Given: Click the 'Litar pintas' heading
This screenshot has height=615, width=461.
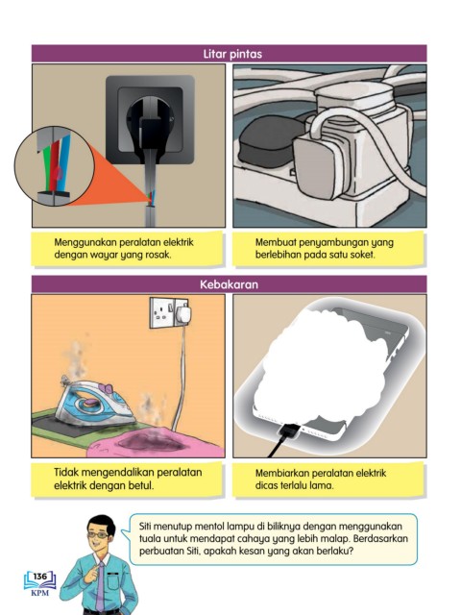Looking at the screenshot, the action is coord(232,54).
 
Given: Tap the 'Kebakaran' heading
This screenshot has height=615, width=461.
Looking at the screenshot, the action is coord(229,284).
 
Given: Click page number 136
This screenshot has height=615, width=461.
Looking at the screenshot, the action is coord(39,577).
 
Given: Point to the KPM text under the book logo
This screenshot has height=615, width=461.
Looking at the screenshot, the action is coord(40,593).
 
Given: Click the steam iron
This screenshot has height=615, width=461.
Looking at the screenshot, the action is coord(94,404).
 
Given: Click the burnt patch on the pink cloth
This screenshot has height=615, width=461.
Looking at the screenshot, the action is coord(151,442).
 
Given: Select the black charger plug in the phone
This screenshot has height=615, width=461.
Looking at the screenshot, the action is coord(288,431).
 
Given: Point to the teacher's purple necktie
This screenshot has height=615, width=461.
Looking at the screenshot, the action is coord(100,585).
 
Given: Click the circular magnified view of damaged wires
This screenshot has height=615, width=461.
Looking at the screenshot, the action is coord(54,166).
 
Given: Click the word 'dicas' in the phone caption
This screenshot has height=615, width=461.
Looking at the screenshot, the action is coord(266,485).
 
